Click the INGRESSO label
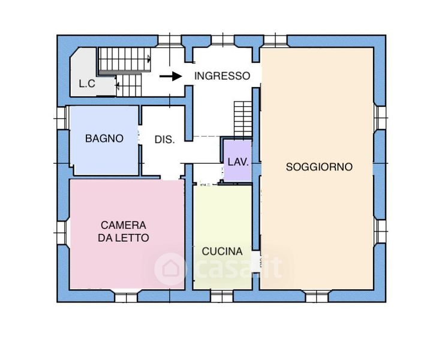[222, 76]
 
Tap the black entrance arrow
[170, 76]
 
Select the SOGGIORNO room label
[319, 167]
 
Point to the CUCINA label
[222, 251]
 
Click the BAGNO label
[104, 138]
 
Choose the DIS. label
[164, 139]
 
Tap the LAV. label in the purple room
[238, 162]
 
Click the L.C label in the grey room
[87, 83]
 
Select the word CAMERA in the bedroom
[124, 225]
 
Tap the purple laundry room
[237, 161]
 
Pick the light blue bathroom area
[104, 140]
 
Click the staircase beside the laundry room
[243, 119]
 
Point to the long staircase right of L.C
[125, 59]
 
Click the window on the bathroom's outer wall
[63, 118]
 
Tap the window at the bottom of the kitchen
[222, 296]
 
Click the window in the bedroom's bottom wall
[126, 297]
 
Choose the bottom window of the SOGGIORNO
[317, 297]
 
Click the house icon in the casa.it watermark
[170, 269]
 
